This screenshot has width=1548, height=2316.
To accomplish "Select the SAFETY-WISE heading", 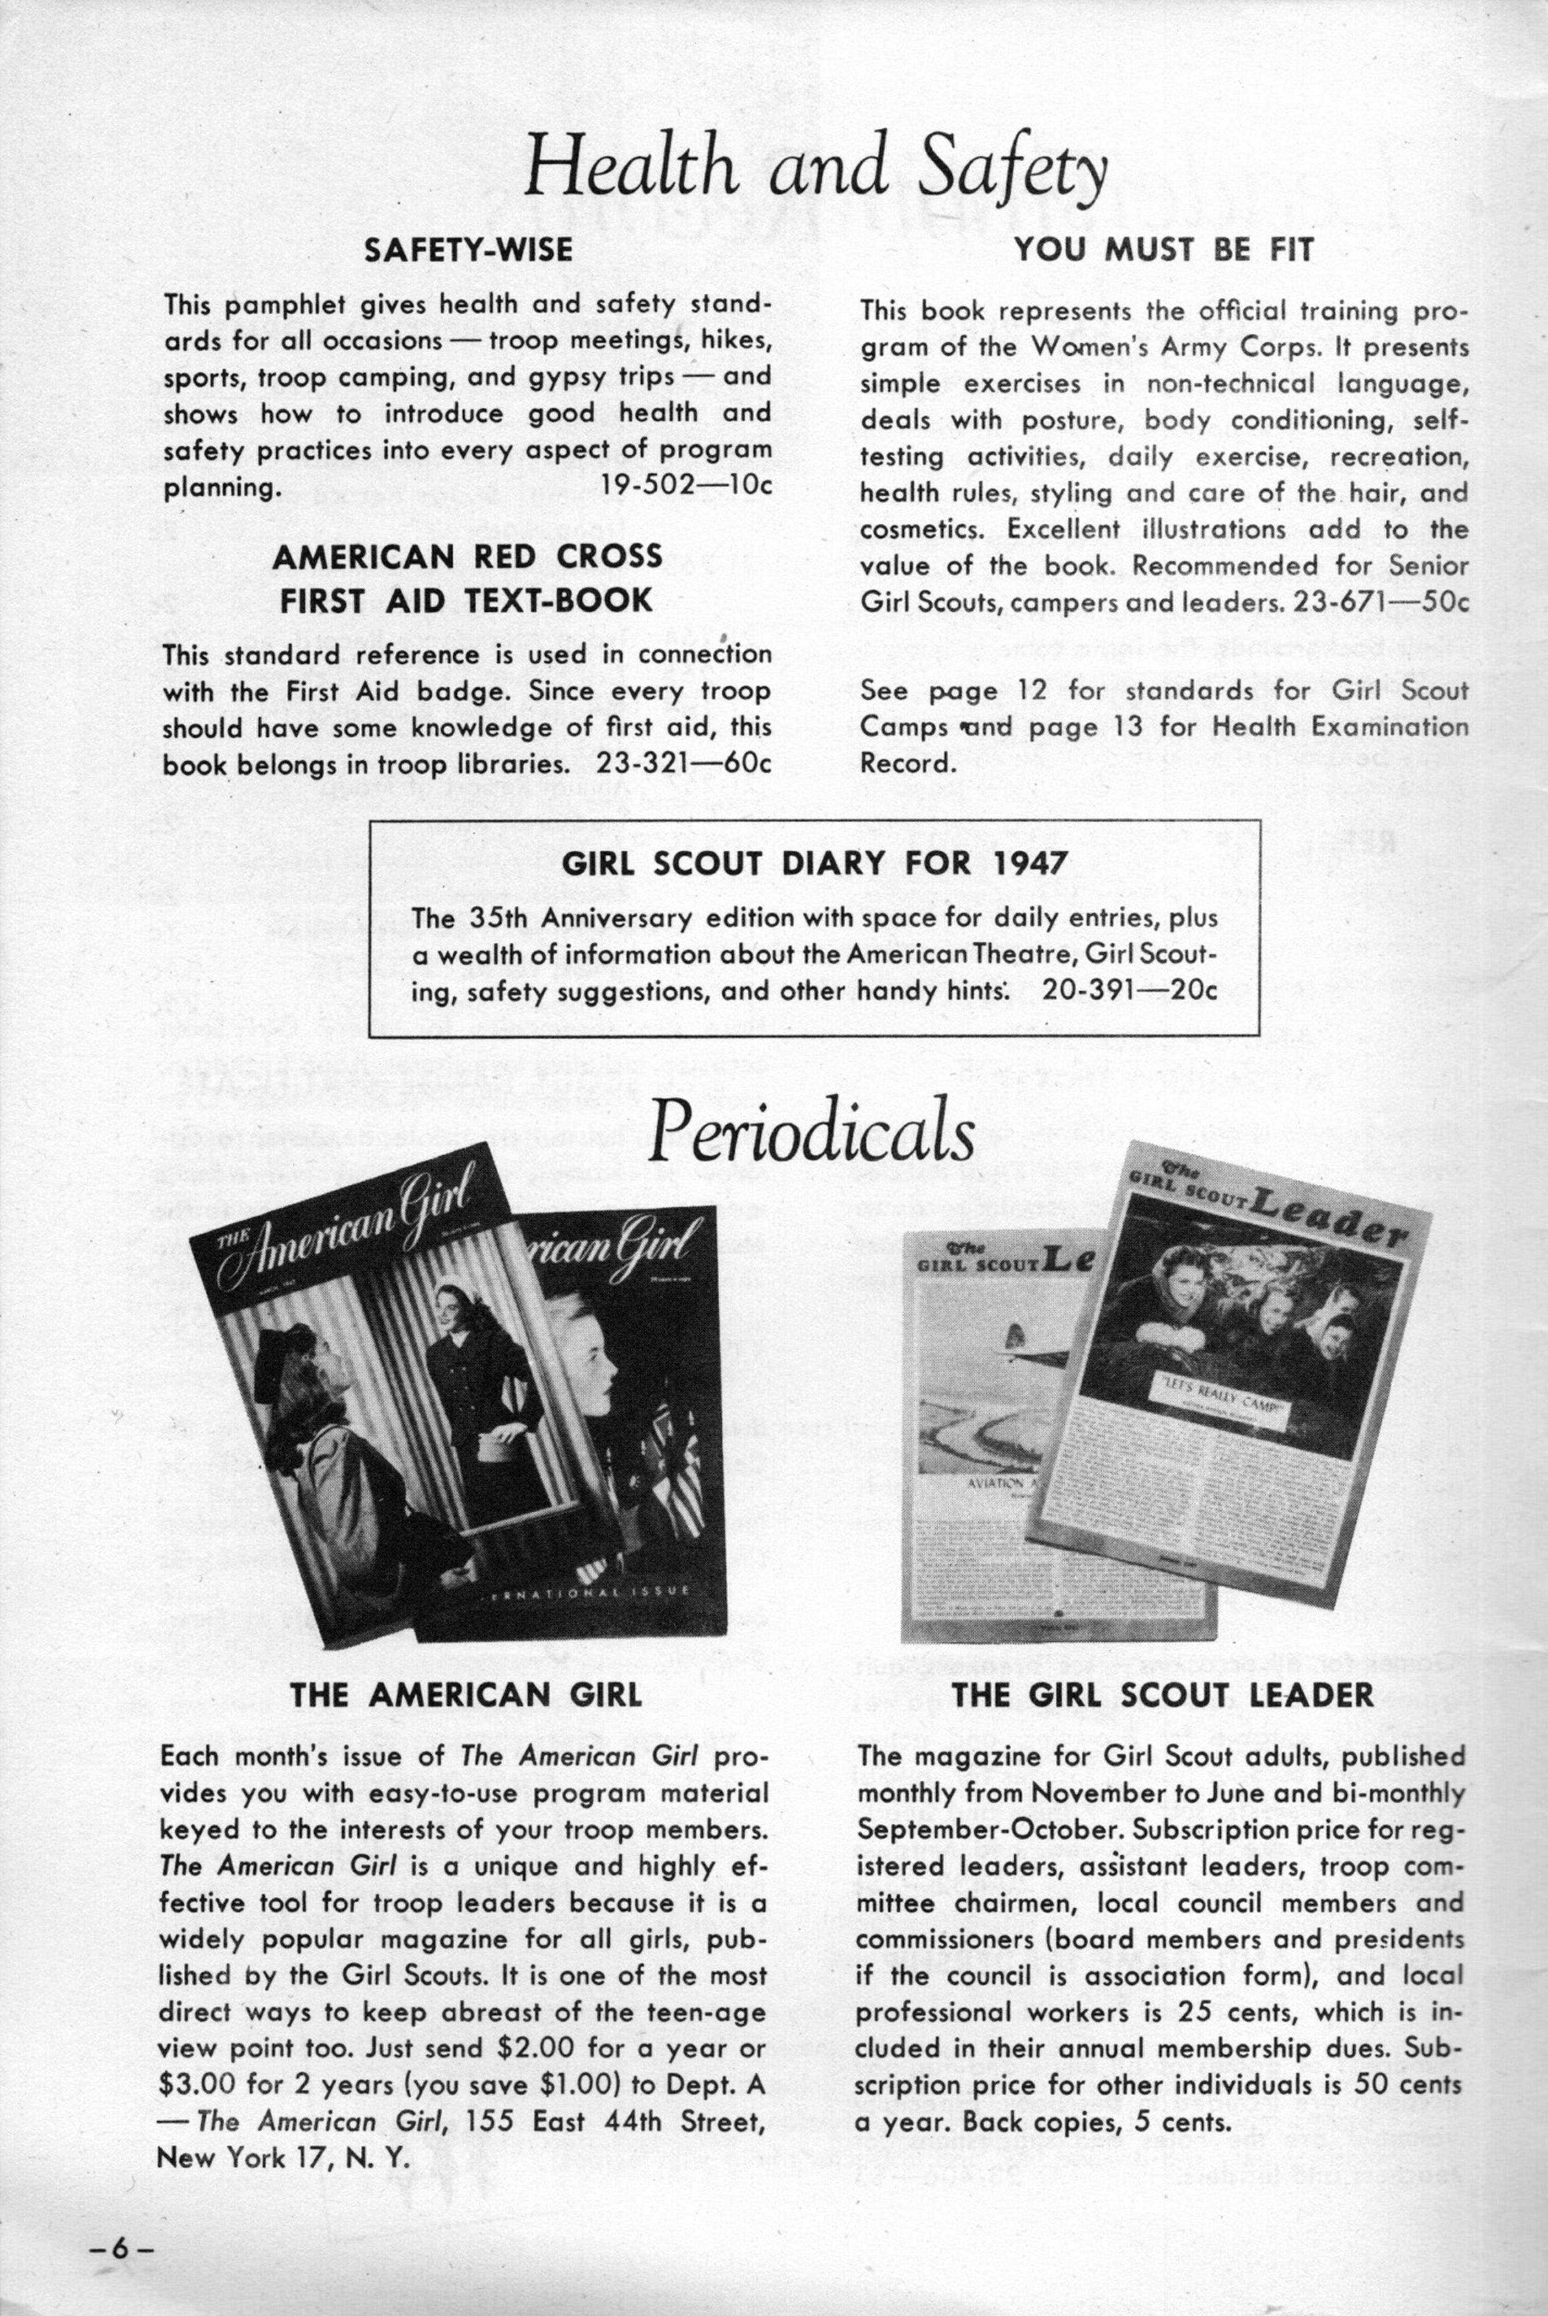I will [468, 250].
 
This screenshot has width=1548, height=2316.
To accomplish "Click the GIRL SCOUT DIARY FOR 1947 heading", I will [814, 864].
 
